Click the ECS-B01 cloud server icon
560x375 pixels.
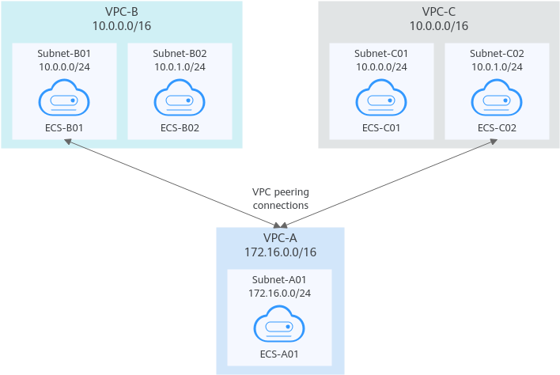64,97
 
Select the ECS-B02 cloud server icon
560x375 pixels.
180,97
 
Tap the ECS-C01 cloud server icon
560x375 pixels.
381,97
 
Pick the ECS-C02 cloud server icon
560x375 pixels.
497,97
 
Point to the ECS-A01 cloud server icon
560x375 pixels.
279,324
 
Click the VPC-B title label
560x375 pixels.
122,12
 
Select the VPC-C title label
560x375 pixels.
438,12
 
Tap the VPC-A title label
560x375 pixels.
280,238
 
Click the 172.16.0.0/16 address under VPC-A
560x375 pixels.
280,252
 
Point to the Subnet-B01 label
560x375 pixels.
64,53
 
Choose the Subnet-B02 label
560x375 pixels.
180,53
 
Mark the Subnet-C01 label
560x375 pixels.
381,53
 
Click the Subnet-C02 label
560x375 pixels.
497,53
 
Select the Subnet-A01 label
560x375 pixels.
279,279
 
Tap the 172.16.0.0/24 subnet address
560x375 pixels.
280,294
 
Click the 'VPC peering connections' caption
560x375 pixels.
281,199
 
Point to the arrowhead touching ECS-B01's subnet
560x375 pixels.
67,142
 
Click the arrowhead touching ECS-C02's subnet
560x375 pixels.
494,142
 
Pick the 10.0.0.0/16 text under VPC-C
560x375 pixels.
438,26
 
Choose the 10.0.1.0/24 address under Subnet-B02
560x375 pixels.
180,66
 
